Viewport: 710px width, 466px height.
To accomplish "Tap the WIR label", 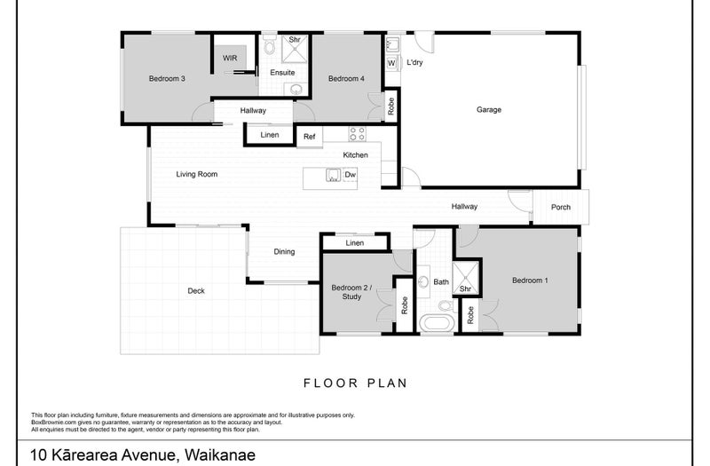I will point(230,58).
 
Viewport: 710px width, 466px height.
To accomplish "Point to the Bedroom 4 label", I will point(345,79).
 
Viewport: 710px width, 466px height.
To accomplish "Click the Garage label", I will point(489,110).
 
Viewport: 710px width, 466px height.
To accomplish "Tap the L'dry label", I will point(414,64).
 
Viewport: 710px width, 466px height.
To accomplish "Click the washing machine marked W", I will point(391,64).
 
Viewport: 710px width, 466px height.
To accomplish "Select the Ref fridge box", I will point(309,136).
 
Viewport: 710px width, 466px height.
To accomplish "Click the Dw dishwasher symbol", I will point(350,175).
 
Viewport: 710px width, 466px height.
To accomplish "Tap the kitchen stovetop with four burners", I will point(358,135).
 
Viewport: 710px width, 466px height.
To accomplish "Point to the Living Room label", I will point(196,174).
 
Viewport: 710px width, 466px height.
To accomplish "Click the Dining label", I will point(284,252).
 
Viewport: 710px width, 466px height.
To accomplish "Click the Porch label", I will point(560,207).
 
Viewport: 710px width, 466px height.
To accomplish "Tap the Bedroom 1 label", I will point(530,281).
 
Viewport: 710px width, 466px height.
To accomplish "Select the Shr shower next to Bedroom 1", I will point(465,280).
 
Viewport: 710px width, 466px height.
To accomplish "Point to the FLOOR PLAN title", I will point(354,383).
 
